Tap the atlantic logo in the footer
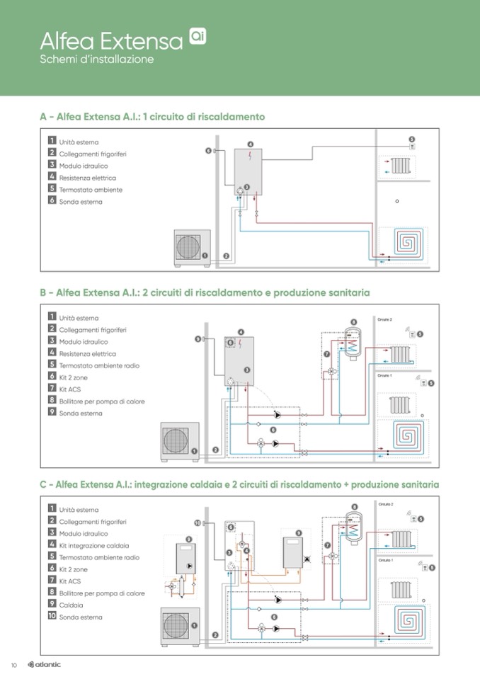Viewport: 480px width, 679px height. (x=44, y=664)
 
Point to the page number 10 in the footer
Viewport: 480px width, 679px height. (x=13, y=665)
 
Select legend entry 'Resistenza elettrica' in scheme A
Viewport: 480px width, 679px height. (x=87, y=178)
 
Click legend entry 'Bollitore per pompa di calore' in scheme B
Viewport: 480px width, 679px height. (x=101, y=401)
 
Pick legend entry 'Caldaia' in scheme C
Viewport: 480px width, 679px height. (x=71, y=605)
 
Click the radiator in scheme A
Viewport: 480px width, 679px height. (x=401, y=166)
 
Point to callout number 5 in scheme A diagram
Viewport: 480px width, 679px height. (x=412, y=139)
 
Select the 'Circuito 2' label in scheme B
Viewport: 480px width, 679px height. (x=384, y=320)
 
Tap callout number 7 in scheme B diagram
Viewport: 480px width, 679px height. (x=326, y=353)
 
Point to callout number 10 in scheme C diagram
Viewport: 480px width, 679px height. (x=198, y=523)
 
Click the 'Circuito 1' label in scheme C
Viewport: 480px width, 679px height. (x=385, y=560)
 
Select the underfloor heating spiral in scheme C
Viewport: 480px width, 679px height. (x=402, y=621)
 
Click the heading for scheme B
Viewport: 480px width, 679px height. (x=205, y=292)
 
